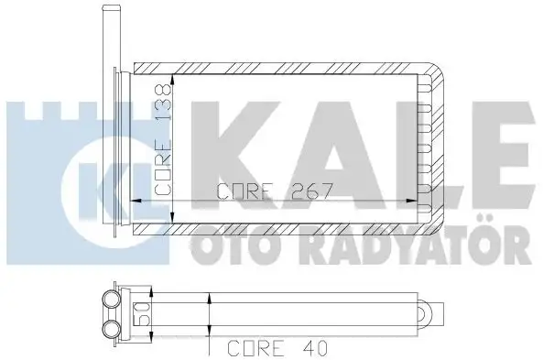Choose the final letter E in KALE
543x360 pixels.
pos(490,150)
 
